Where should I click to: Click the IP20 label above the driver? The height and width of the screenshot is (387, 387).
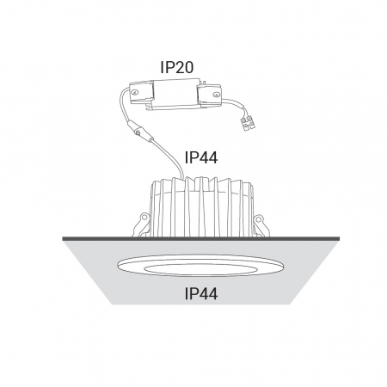pyautogui.click(x=177, y=67)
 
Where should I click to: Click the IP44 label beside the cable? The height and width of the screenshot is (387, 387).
pyautogui.click(x=201, y=157)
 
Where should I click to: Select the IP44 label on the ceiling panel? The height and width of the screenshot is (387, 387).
pyautogui.click(x=201, y=293)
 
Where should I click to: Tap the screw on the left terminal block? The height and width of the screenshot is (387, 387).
pyautogui.click(x=135, y=93)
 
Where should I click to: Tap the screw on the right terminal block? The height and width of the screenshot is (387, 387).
pyautogui.click(x=216, y=94)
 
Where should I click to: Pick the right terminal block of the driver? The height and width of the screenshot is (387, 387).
pyautogui.click(x=209, y=95)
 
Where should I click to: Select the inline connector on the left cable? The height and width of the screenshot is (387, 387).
pyautogui.click(x=139, y=131)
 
